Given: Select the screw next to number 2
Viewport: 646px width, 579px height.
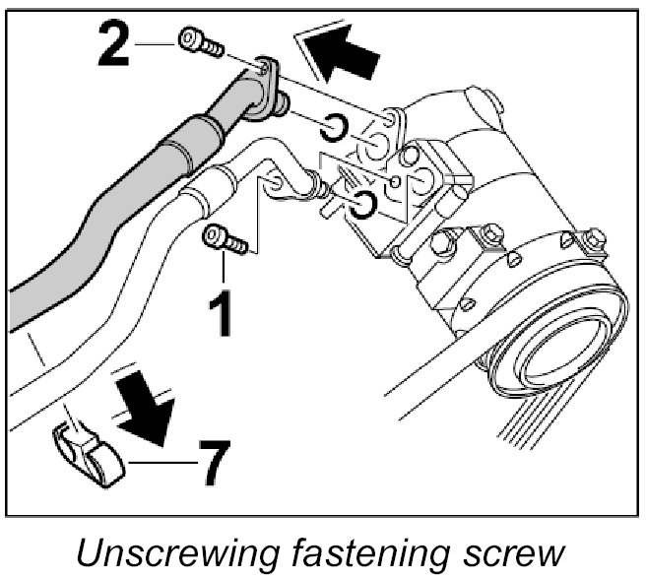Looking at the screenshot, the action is click(x=200, y=43).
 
